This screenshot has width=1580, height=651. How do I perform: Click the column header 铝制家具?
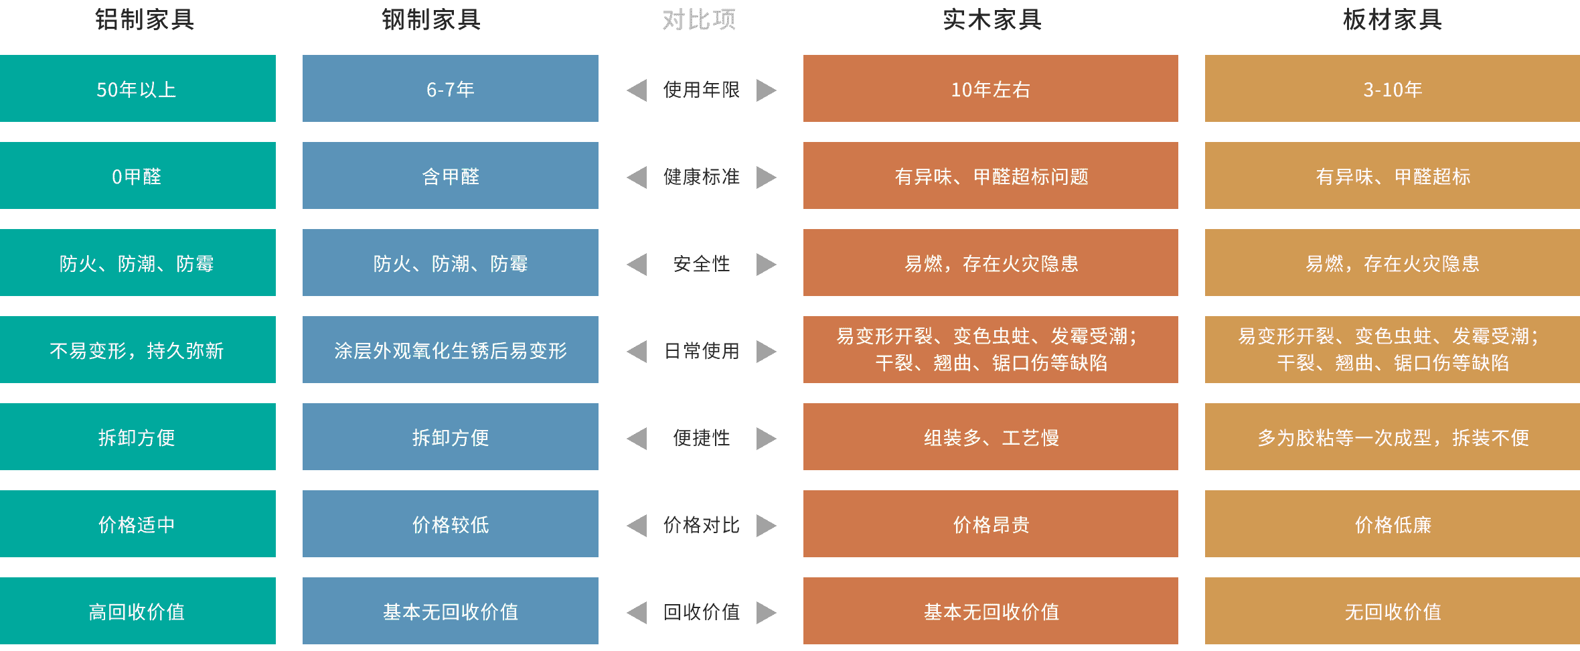145,19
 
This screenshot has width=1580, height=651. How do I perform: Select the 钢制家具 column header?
431,19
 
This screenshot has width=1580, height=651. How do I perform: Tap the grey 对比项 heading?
699,19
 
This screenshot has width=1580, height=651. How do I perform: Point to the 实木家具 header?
992,19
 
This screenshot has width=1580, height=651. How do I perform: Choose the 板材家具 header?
1393,19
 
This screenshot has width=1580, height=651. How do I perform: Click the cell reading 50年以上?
138,88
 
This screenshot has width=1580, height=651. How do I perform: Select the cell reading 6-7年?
451,88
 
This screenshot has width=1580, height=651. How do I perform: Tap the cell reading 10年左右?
991,88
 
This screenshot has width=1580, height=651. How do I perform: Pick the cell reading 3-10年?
1393,88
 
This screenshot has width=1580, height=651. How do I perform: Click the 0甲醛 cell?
138,175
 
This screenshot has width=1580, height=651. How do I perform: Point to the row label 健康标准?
702,177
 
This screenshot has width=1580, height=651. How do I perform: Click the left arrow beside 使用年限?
637,90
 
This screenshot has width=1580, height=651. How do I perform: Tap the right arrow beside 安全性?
767,264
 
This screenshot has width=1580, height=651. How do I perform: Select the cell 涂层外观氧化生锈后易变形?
451,350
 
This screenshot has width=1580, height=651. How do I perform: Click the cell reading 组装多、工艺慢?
991,437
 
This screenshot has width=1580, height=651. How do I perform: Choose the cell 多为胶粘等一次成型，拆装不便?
1393,437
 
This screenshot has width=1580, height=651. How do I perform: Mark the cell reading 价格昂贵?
991,524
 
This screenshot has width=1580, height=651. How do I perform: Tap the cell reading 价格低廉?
1393,524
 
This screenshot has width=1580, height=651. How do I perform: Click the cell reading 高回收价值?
138,611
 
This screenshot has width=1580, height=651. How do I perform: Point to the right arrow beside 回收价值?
767,612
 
